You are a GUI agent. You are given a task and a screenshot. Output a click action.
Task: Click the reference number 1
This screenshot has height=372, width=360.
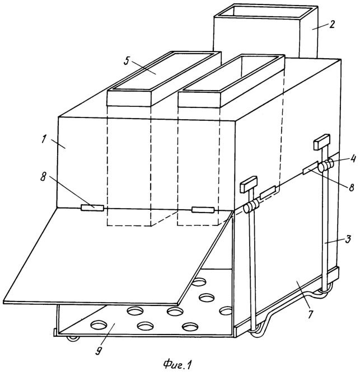(44, 139)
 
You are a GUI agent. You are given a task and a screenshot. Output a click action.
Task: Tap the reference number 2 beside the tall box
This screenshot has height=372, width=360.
(331, 24)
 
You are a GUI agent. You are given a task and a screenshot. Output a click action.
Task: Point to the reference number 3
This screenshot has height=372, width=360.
(347, 239)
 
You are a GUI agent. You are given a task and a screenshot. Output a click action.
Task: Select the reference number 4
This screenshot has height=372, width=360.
(353, 158)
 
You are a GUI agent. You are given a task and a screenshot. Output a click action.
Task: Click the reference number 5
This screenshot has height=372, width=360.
(127, 60)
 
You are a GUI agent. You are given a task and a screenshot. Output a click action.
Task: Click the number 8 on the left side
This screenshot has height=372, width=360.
(44, 177)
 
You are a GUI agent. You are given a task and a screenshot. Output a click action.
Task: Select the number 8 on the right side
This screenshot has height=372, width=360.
(351, 187)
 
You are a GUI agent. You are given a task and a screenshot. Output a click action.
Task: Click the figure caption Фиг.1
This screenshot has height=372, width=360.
(177, 365)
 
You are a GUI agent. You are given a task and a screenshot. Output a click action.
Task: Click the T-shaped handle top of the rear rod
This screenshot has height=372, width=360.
(322, 142)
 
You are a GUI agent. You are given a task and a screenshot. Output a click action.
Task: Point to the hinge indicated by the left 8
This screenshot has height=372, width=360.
(92, 208)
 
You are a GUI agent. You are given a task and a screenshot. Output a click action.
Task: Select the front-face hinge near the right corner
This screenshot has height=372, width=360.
(203, 210)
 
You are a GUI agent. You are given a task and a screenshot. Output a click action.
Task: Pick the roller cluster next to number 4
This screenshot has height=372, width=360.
(326, 165)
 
